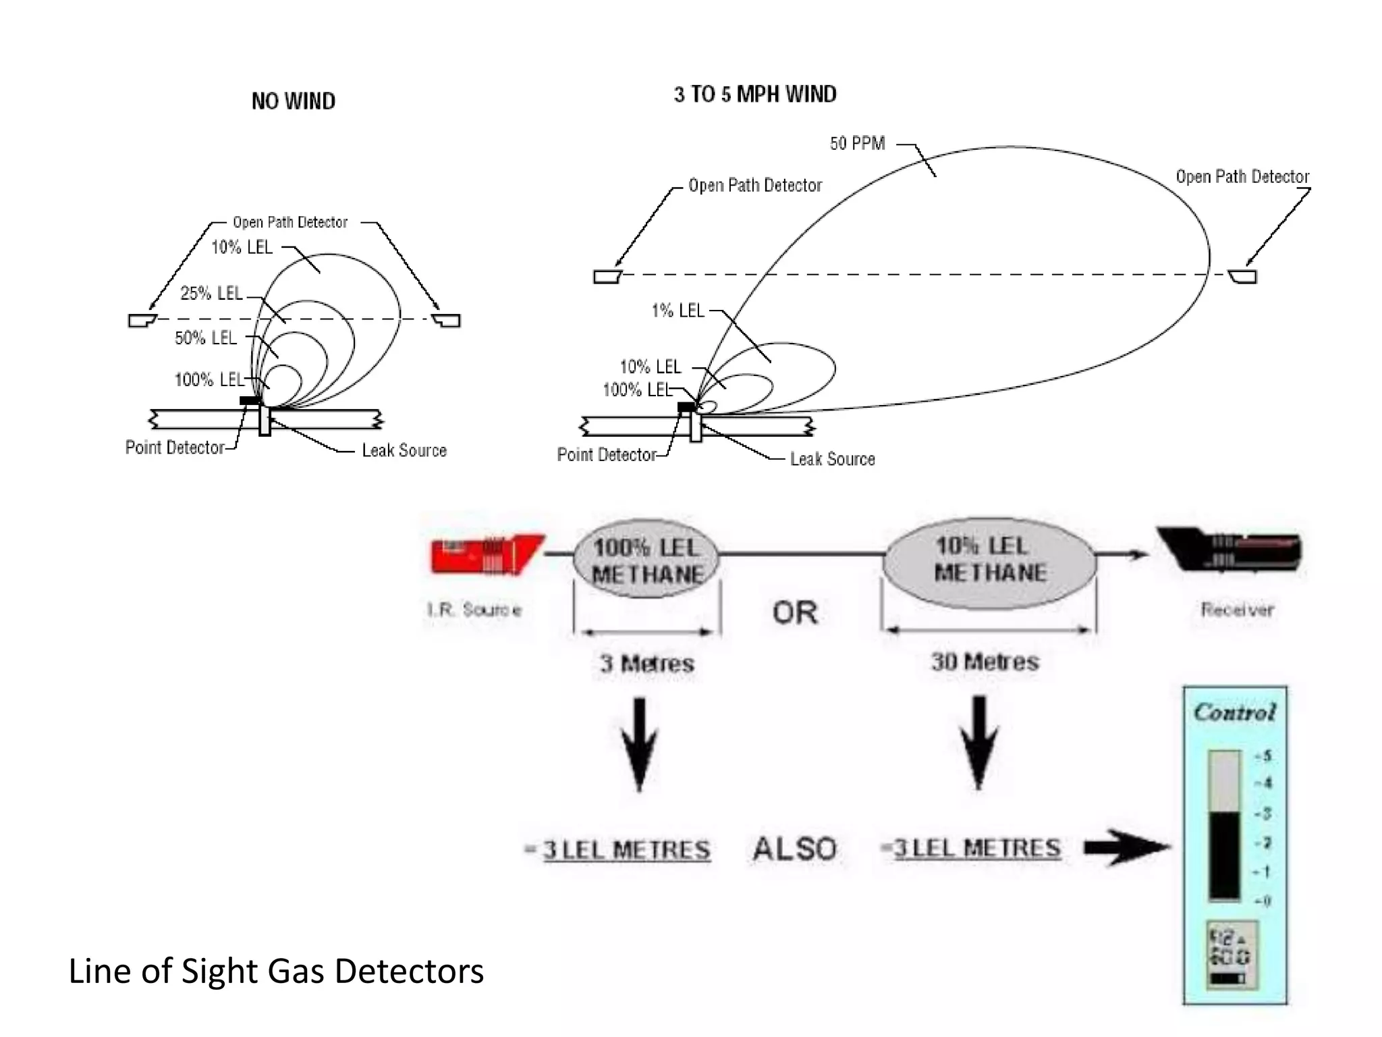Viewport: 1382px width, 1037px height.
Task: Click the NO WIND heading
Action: coord(293,101)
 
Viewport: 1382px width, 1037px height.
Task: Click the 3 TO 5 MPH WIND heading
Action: coord(754,95)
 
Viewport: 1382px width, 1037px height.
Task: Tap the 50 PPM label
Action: coord(857,143)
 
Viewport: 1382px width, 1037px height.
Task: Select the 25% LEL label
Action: coord(211,293)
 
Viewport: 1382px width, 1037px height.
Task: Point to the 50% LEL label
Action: coord(206,338)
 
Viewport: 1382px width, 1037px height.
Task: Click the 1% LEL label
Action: coord(678,311)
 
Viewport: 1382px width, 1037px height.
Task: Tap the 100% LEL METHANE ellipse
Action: coord(646,560)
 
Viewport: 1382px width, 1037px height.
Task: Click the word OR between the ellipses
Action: coord(795,613)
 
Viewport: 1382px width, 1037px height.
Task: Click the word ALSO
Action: coord(794,849)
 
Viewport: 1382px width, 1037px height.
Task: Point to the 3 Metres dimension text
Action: coord(646,664)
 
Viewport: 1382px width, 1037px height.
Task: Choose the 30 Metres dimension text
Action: coord(985,662)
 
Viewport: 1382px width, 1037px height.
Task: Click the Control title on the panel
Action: coord(1234,712)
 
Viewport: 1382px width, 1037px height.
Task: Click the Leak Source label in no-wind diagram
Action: coord(404,450)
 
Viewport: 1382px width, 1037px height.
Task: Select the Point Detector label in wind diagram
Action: coord(606,455)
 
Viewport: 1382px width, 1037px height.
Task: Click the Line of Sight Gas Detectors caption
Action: coord(276,971)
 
